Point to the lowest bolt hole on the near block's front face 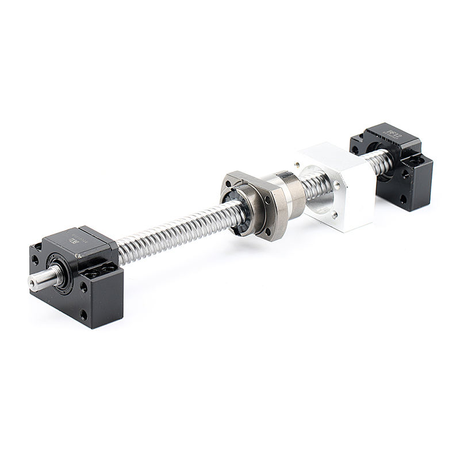click(84, 314)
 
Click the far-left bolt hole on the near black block click(36, 259)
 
